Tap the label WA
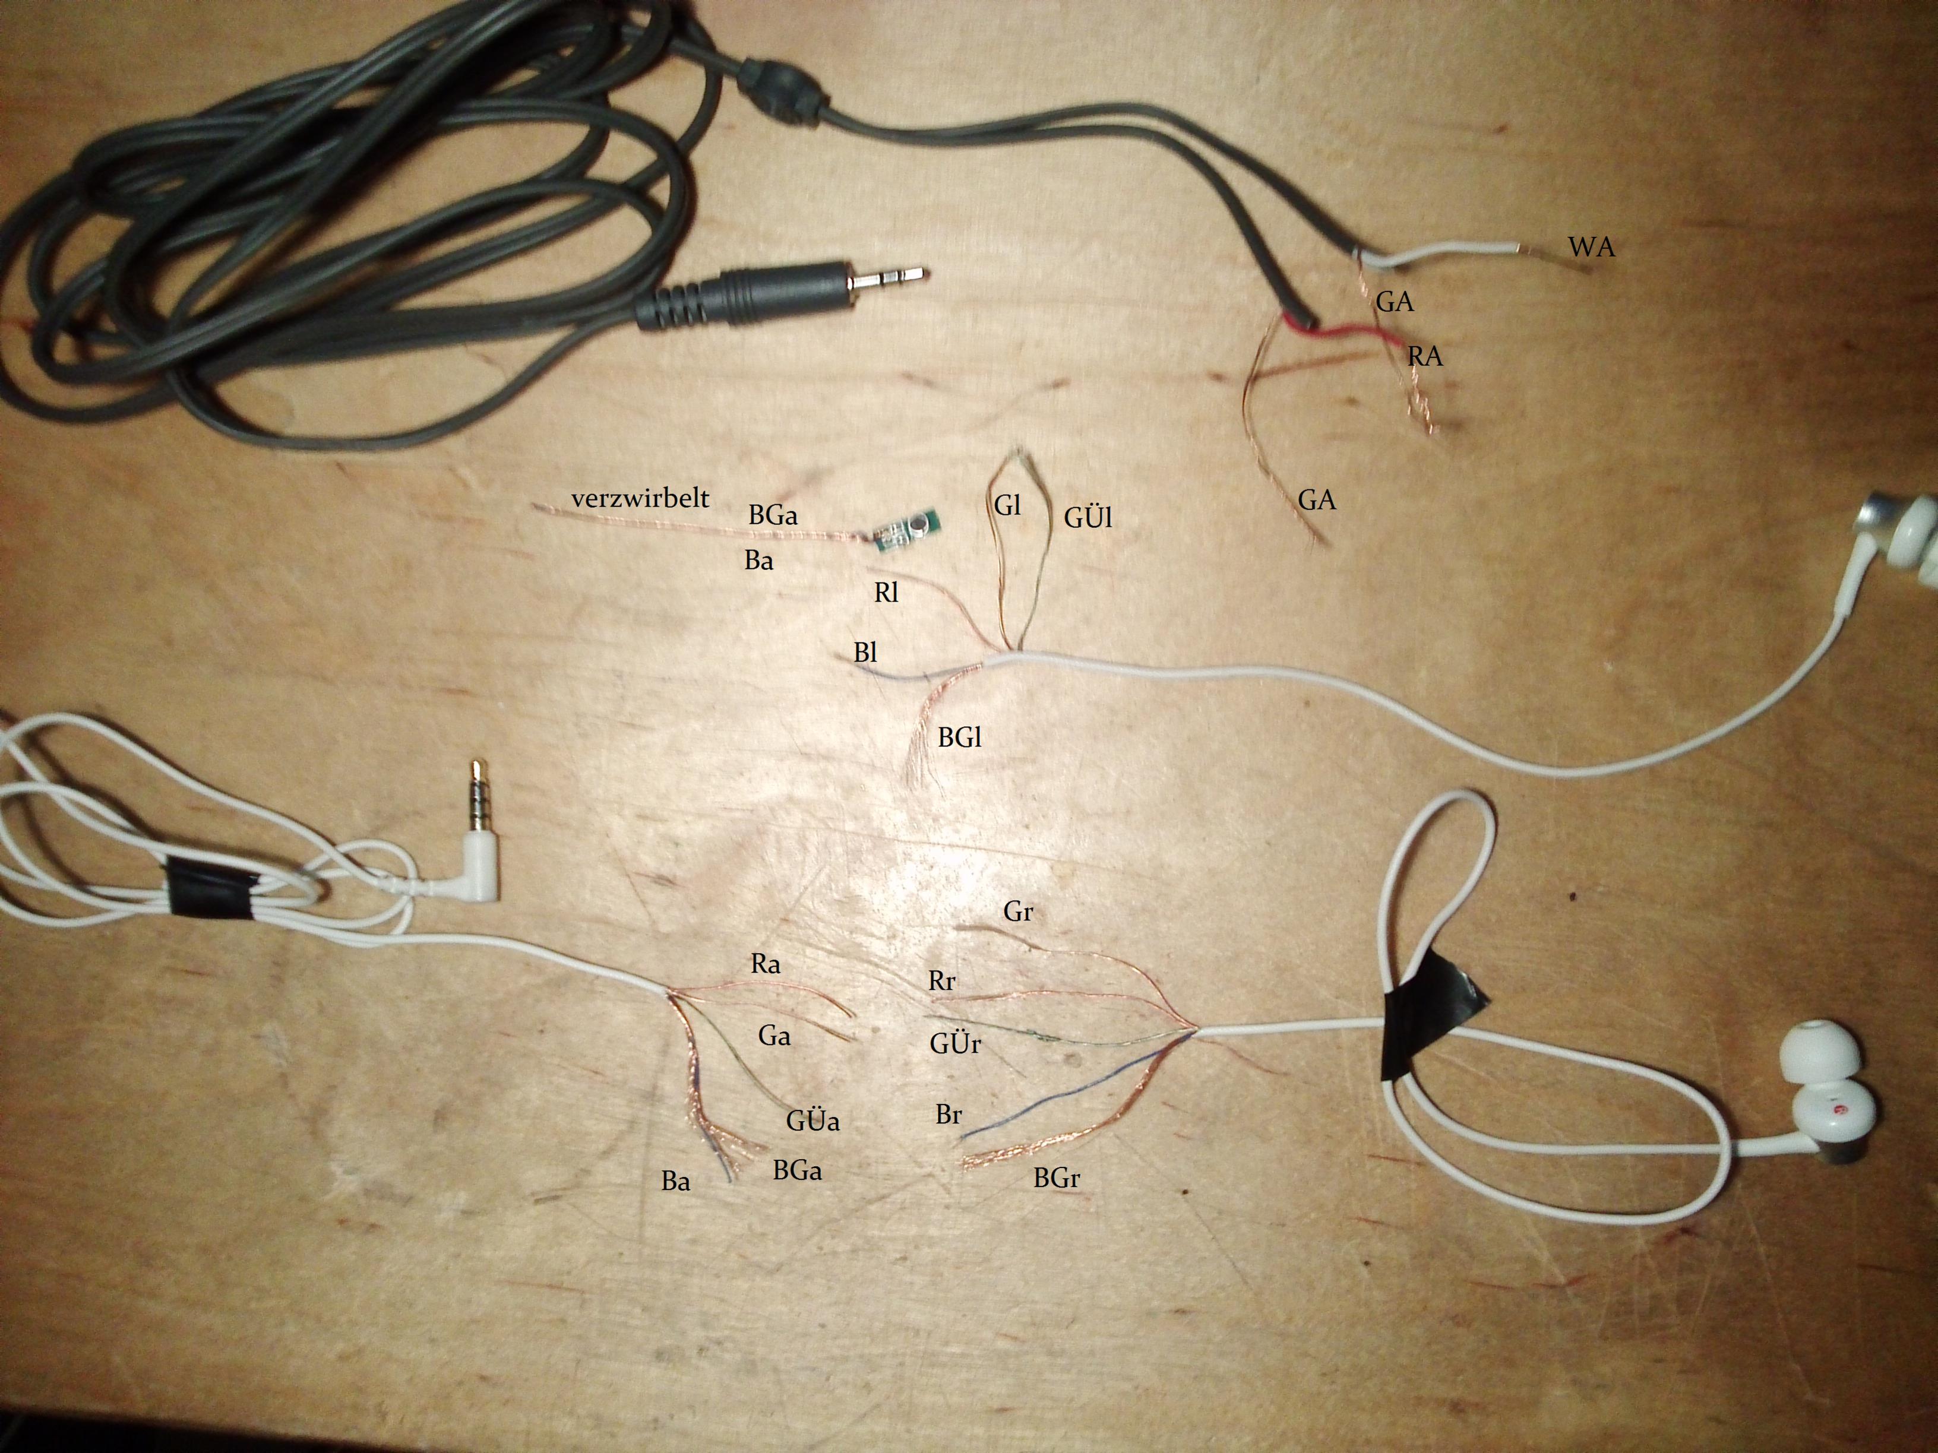point(1591,248)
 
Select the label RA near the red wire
point(1425,356)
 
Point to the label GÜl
point(1087,518)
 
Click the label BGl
point(959,737)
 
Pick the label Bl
point(865,653)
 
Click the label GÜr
point(955,1044)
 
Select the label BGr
point(1056,1178)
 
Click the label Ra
point(765,964)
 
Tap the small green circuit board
point(907,530)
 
